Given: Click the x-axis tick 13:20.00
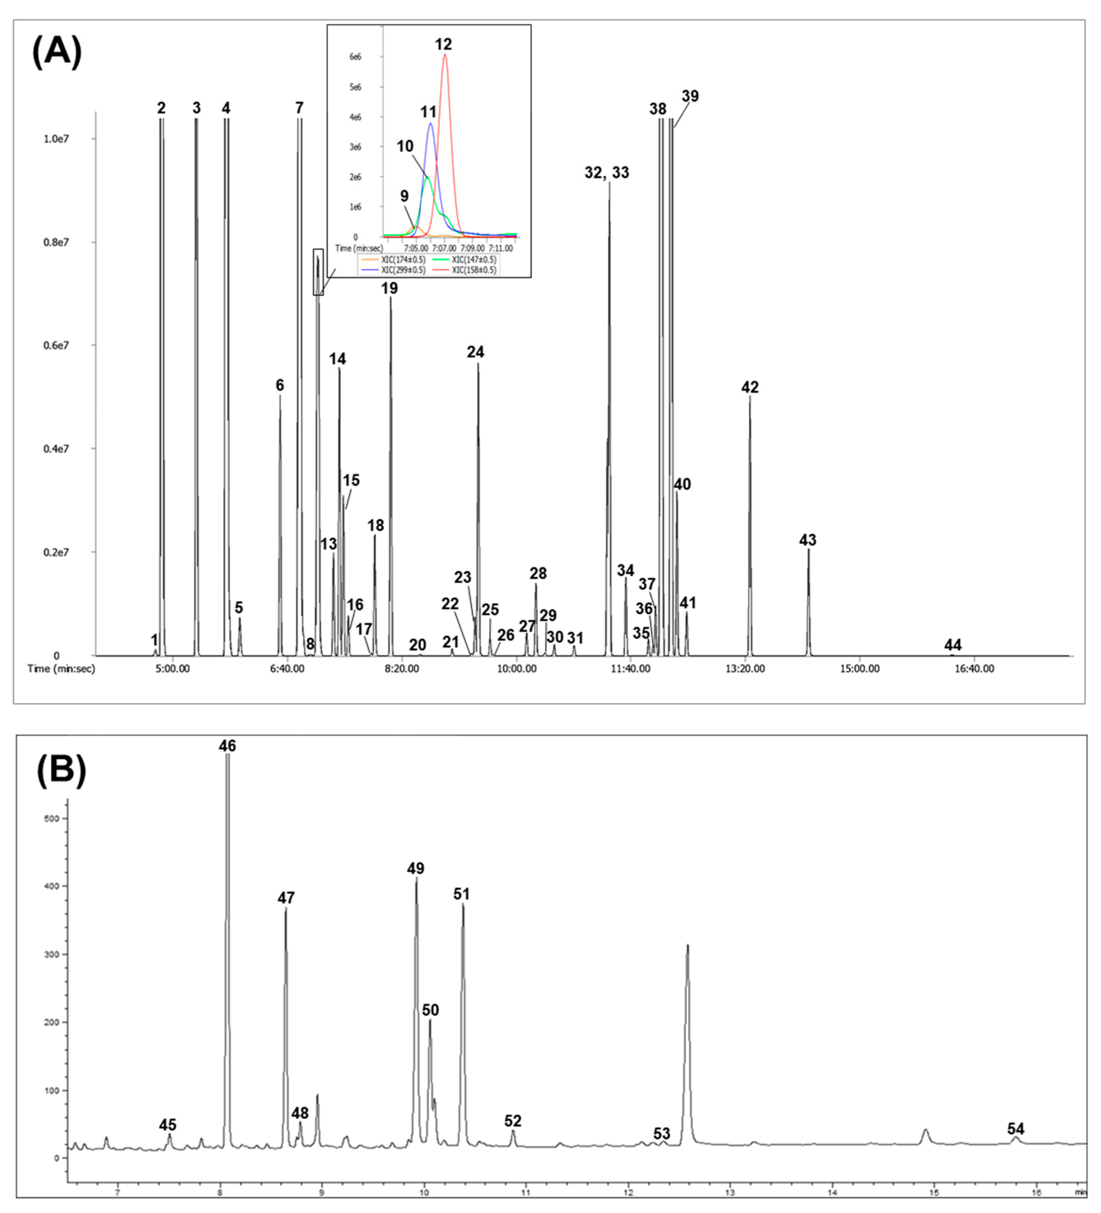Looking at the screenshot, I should [x=745, y=668].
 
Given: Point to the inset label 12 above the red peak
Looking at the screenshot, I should [x=443, y=44].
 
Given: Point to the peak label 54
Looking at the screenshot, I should [x=1015, y=1129].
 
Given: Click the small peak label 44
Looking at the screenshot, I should [x=953, y=646].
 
